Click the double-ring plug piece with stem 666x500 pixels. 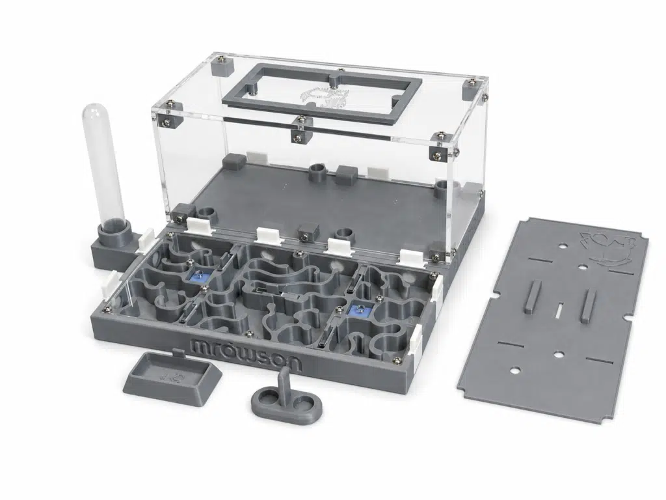pos(286,396)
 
